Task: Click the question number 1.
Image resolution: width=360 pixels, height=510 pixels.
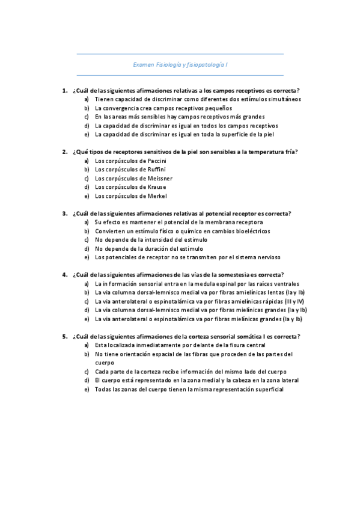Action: [x=64, y=90]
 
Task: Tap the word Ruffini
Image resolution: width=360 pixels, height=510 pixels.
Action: [x=154, y=170]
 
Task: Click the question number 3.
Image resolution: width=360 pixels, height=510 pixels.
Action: [x=64, y=214]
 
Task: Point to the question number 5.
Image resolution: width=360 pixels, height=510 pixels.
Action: [x=64, y=337]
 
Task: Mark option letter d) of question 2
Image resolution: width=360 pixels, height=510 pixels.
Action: [x=87, y=187]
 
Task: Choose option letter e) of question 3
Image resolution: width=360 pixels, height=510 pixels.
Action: [x=87, y=257]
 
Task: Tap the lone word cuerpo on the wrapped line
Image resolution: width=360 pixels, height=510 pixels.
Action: [x=104, y=363]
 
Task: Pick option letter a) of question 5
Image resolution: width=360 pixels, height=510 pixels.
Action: [x=87, y=345]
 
